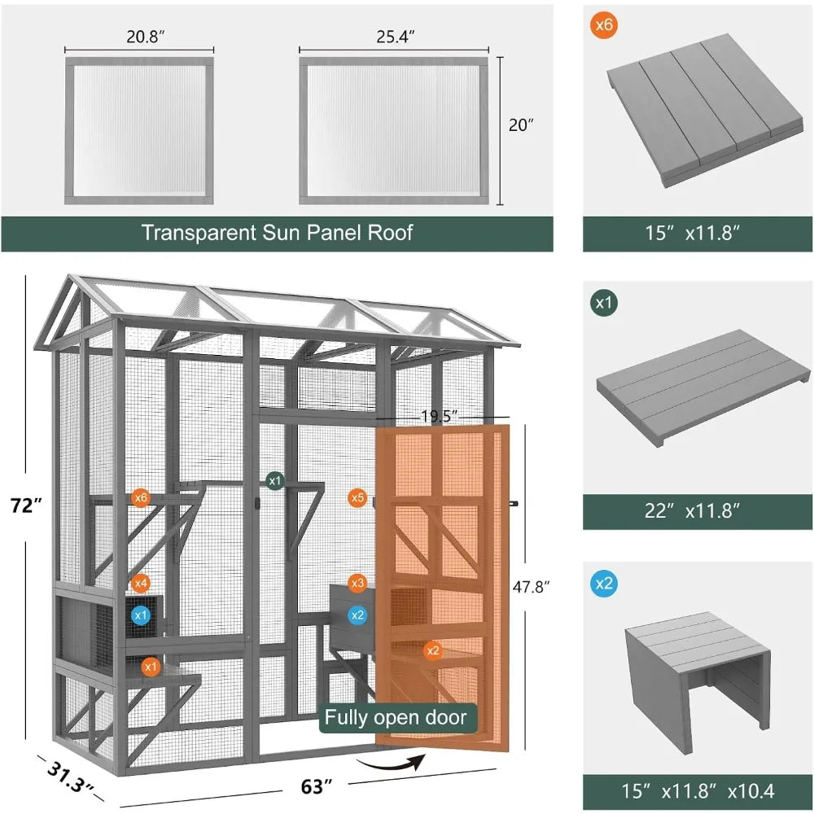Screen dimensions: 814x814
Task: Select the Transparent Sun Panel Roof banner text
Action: click(277, 233)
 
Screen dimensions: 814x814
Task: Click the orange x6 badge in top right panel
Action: click(602, 24)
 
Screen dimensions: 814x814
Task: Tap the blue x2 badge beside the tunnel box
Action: click(602, 583)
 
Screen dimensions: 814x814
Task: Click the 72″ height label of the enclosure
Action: click(27, 505)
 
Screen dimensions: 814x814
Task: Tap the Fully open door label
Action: click(396, 717)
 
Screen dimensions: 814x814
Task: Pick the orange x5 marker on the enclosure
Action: click(357, 497)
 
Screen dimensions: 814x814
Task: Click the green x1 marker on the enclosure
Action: click(275, 480)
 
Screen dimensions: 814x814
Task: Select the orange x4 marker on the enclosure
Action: click(141, 583)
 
